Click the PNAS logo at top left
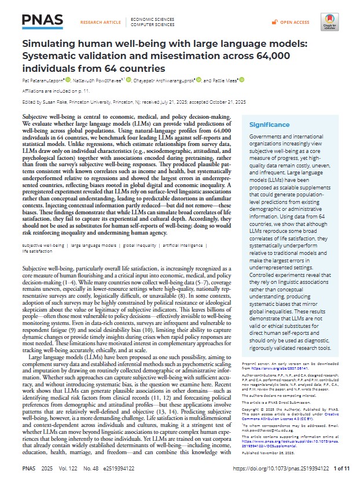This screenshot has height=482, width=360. [x=42, y=21]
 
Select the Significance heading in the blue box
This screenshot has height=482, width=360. [x=269, y=125]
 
